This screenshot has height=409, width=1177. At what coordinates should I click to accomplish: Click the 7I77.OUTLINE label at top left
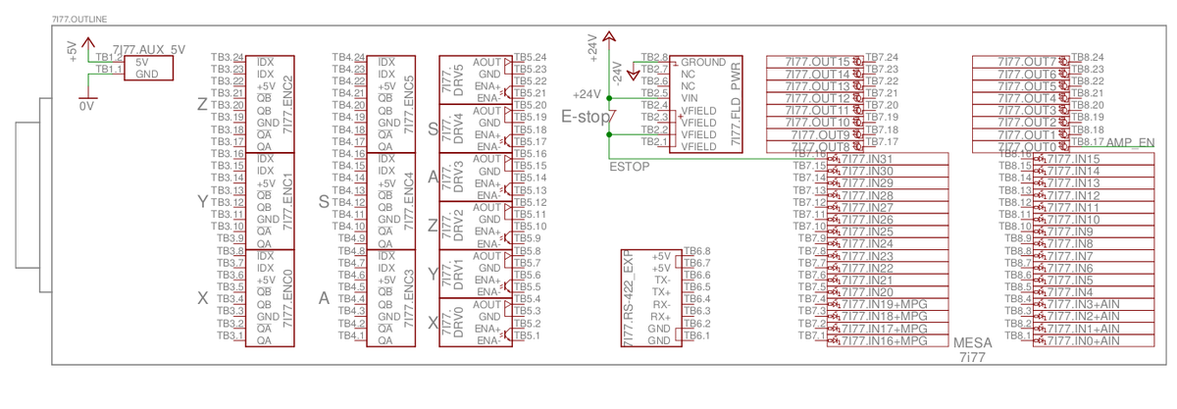[x=80, y=20]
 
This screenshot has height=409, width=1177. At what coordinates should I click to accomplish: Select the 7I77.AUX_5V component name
[x=149, y=48]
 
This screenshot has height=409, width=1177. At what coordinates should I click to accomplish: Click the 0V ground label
[x=86, y=103]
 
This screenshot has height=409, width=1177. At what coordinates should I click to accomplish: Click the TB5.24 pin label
[x=530, y=58]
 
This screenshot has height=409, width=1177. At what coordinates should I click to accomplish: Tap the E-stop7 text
[x=588, y=117]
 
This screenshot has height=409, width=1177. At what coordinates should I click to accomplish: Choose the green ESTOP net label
[x=630, y=166]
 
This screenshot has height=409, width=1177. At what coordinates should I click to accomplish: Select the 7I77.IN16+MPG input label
[x=882, y=340]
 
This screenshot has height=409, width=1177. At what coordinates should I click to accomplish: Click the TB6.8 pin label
[x=696, y=251]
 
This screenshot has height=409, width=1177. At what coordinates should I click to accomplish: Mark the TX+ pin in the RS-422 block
[x=662, y=292]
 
